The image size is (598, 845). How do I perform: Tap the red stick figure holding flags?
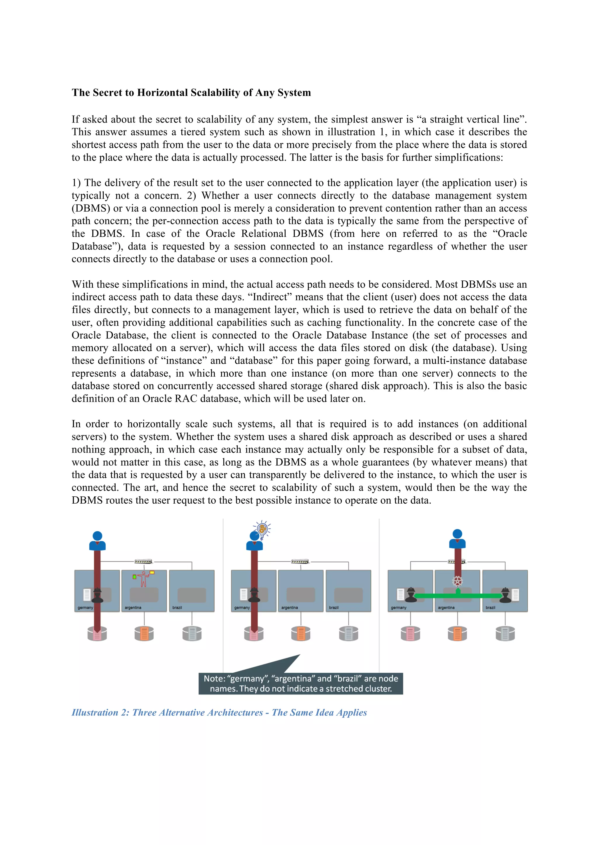[144, 579]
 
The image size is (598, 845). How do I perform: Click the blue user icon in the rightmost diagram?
[457, 539]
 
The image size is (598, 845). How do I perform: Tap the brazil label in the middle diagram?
[334, 607]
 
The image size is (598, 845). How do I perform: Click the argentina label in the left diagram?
[133, 607]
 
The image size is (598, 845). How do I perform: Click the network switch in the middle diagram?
[300, 562]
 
